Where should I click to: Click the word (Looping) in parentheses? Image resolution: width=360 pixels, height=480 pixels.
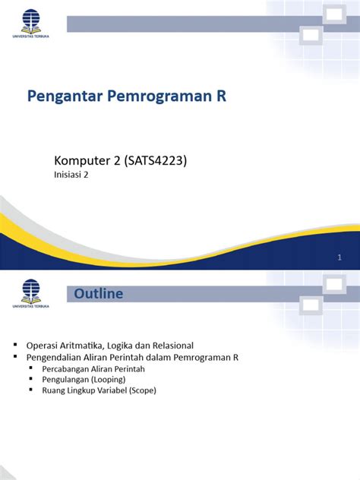106,378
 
